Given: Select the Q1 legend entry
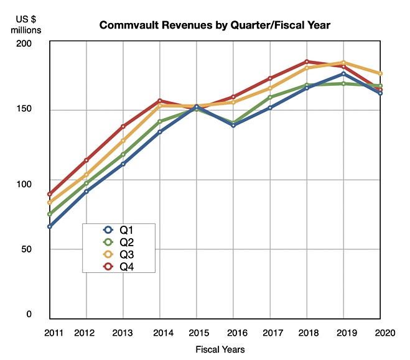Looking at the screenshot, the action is (118, 230).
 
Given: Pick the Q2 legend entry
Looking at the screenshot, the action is (118, 242).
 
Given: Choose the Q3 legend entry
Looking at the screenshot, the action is (118, 254).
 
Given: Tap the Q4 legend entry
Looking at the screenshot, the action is (118, 267).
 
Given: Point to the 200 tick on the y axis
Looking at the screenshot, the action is (24, 44).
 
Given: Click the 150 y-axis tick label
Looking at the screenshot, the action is (24, 109).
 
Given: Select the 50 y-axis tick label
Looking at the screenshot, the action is (26, 249).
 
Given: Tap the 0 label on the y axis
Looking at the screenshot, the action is (29, 314).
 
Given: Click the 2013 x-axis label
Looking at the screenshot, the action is (123, 333).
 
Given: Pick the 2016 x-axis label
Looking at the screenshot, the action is (237, 333).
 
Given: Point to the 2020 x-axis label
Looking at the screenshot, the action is (385, 333).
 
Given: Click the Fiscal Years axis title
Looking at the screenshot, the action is (220, 349).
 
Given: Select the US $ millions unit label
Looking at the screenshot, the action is (26, 24).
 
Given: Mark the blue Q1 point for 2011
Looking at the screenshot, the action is (50, 226).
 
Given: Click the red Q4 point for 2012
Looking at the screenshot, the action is (86, 160).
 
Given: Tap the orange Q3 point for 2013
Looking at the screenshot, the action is (123, 141).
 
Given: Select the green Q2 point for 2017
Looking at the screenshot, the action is (270, 97).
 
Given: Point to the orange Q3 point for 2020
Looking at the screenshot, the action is (380, 73).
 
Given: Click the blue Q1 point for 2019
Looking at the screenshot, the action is (343, 73).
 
